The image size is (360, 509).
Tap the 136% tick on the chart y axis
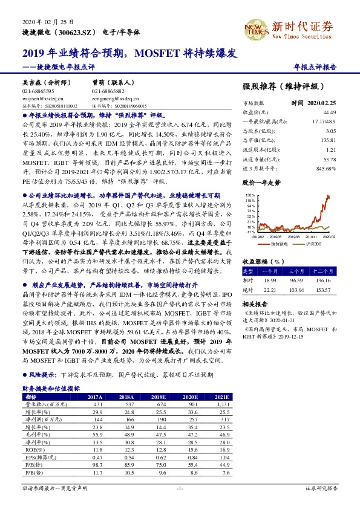click(x=249, y=196)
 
